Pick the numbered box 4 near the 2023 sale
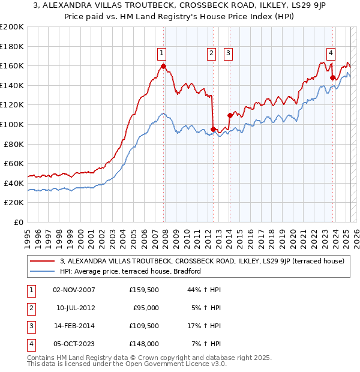pyautogui.click(x=331, y=52)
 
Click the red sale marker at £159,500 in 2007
pyautogui.click(x=163, y=66)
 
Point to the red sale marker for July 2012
pyautogui.click(x=213, y=129)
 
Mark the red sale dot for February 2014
pyautogui.click(x=230, y=115)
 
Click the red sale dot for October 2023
pyautogui.click(x=332, y=77)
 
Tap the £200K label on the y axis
pyautogui.click(x=12, y=26)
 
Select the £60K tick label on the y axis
pyautogui.click(x=14, y=163)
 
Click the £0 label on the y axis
pyautogui.click(x=18, y=222)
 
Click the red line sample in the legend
pyautogui.click(x=43, y=261)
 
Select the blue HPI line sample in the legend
pyautogui.click(x=43, y=271)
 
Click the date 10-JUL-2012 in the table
pyautogui.click(x=76, y=308)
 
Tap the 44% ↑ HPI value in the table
pyautogui.click(x=205, y=290)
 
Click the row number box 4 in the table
pyautogui.click(x=30, y=344)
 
